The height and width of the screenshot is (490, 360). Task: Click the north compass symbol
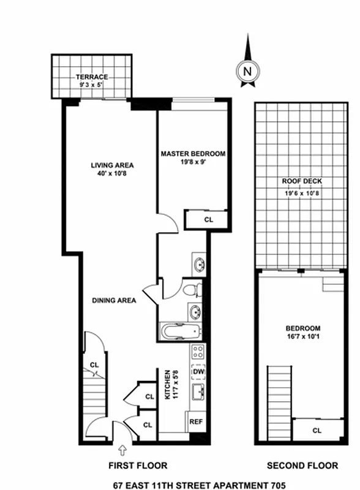click(247, 70)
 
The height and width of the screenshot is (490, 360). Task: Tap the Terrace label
click(92, 77)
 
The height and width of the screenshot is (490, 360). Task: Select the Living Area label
click(112, 165)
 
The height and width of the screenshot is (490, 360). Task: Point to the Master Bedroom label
click(193, 154)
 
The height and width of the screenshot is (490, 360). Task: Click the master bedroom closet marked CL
click(208, 219)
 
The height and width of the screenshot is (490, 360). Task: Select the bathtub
click(179, 332)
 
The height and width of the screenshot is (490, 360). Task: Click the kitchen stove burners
click(198, 352)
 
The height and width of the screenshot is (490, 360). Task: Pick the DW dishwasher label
click(198, 372)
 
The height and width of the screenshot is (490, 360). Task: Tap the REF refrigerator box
click(196, 422)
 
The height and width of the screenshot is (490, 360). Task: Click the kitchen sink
click(198, 393)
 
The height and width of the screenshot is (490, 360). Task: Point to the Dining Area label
click(114, 301)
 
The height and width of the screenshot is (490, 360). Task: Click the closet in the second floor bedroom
click(317, 429)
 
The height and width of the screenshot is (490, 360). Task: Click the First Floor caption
click(137, 466)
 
